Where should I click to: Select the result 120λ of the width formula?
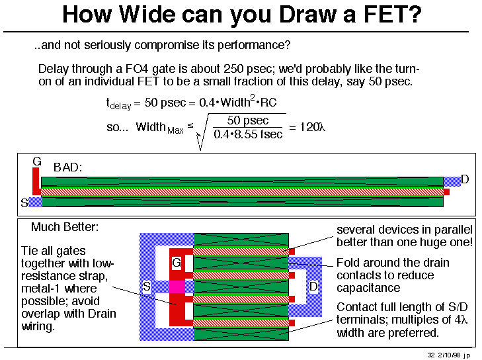312,127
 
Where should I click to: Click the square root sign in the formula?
203,132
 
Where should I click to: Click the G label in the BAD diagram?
37,161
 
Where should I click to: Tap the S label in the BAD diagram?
24,202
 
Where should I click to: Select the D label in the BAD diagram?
465,179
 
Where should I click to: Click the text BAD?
67,167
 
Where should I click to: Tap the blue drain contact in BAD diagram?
452,181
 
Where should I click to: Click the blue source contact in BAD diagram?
35,202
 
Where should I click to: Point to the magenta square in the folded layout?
177,287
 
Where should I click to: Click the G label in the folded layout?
177,263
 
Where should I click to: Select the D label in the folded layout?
313,287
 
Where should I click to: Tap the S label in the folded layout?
147,287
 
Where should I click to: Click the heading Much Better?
65,227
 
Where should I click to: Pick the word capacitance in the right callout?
368,288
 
